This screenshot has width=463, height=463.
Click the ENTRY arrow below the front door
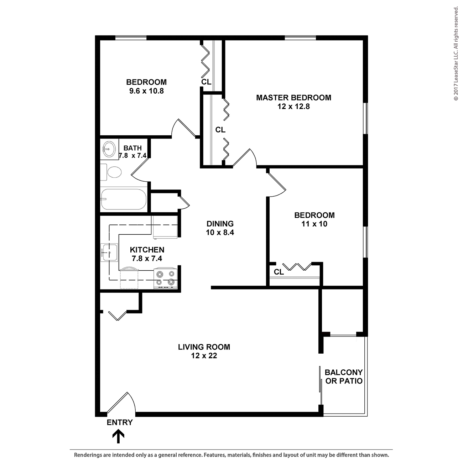pyautogui.click(x=118, y=436)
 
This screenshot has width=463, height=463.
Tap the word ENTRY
pyautogui.click(x=120, y=422)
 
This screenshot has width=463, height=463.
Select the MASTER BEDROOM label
pyautogui.click(x=293, y=98)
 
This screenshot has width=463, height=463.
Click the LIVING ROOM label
pyautogui.click(x=204, y=347)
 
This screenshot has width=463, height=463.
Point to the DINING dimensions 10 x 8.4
pyautogui.click(x=220, y=233)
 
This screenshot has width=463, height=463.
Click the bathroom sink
pyautogui.click(x=108, y=147)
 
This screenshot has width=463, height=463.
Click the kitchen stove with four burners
pyautogui.click(x=166, y=278)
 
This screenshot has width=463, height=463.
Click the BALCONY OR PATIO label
pyautogui.click(x=344, y=377)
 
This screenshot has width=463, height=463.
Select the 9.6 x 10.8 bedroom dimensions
pyautogui.click(x=146, y=91)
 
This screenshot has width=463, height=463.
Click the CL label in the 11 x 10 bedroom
pyautogui.click(x=279, y=272)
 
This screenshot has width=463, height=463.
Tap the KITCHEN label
pyautogui.click(x=147, y=250)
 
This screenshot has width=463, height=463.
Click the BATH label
pyautogui.click(x=132, y=148)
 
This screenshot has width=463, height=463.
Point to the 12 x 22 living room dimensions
pyautogui.click(x=204, y=355)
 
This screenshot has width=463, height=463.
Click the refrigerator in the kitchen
pyautogui.click(x=165, y=227)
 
